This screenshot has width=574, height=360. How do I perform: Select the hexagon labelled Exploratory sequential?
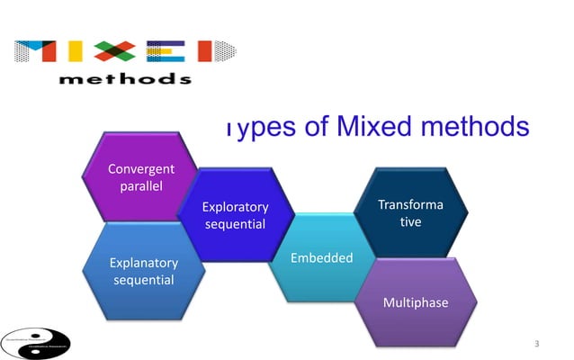[235, 214]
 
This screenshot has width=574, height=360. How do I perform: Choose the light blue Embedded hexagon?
[321, 258]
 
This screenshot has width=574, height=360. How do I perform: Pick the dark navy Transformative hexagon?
[410, 212]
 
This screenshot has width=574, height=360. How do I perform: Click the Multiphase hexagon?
[415, 302]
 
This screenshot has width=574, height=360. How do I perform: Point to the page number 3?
[537, 344]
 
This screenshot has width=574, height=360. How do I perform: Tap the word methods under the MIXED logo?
[125, 78]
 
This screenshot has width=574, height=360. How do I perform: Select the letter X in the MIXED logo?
[122, 50]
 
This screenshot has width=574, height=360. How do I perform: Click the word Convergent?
[140, 169]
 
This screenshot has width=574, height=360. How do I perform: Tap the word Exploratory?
[235, 206]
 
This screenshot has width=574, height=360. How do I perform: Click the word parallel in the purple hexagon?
[140, 186]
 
